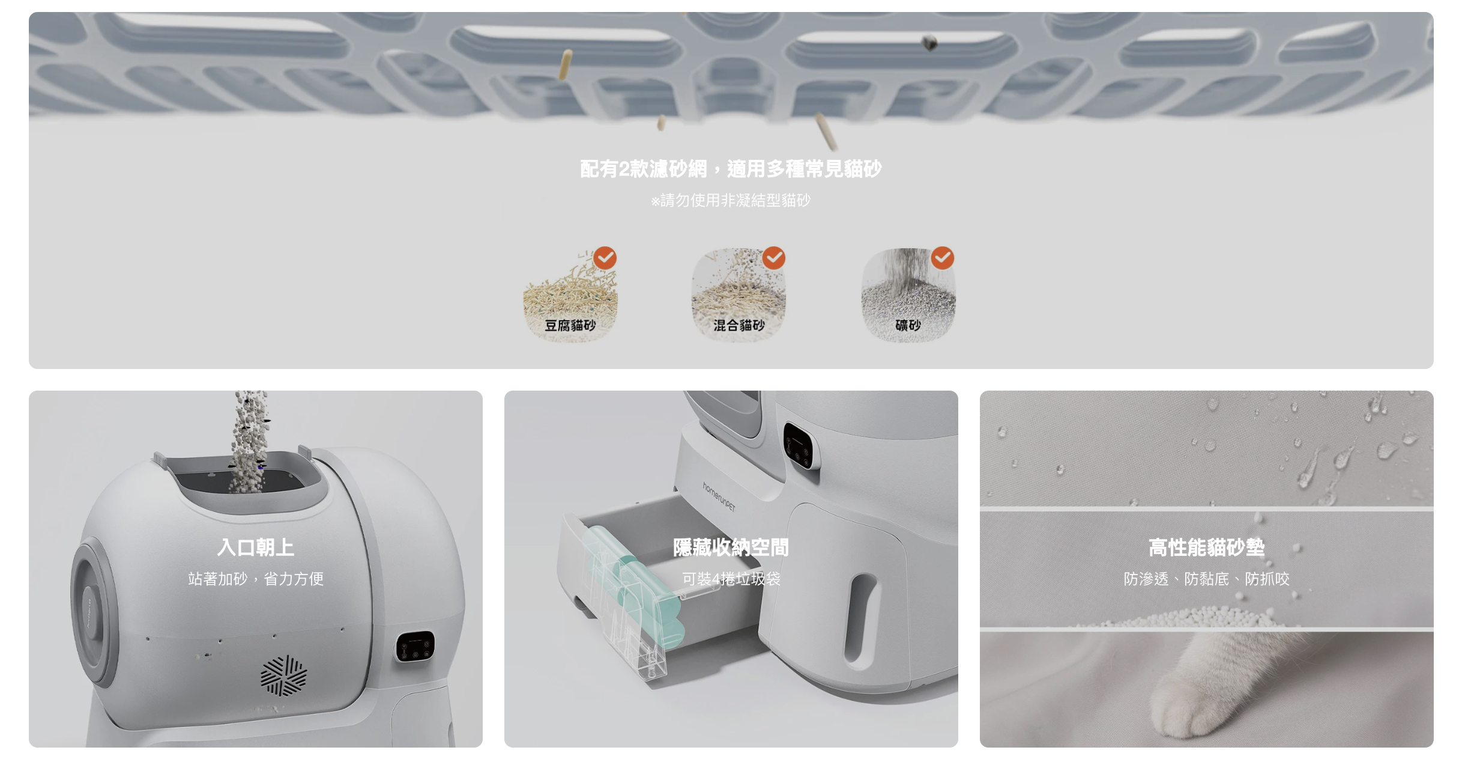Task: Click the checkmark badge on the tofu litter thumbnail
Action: tap(605, 258)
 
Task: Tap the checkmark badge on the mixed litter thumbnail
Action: tap(774, 258)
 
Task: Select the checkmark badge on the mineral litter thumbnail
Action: tap(943, 258)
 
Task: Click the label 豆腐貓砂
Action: tap(570, 325)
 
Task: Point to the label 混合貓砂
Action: tap(739, 325)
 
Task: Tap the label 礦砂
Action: tap(908, 325)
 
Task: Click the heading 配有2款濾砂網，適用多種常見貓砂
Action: tap(731, 169)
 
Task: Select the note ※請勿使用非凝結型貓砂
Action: tap(731, 200)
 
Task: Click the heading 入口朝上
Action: tap(256, 547)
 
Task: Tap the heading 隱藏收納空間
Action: tap(731, 547)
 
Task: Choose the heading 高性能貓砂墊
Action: tap(1207, 547)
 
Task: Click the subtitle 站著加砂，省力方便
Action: tap(256, 579)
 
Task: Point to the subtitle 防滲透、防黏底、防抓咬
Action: tap(1207, 579)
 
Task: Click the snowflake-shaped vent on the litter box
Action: tap(283, 676)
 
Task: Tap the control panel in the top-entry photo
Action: tap(415, 647)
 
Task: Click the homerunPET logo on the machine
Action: tap(719, 496)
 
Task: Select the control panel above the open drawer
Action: tap(802, 447)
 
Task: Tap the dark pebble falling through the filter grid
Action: tap(929, 42)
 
